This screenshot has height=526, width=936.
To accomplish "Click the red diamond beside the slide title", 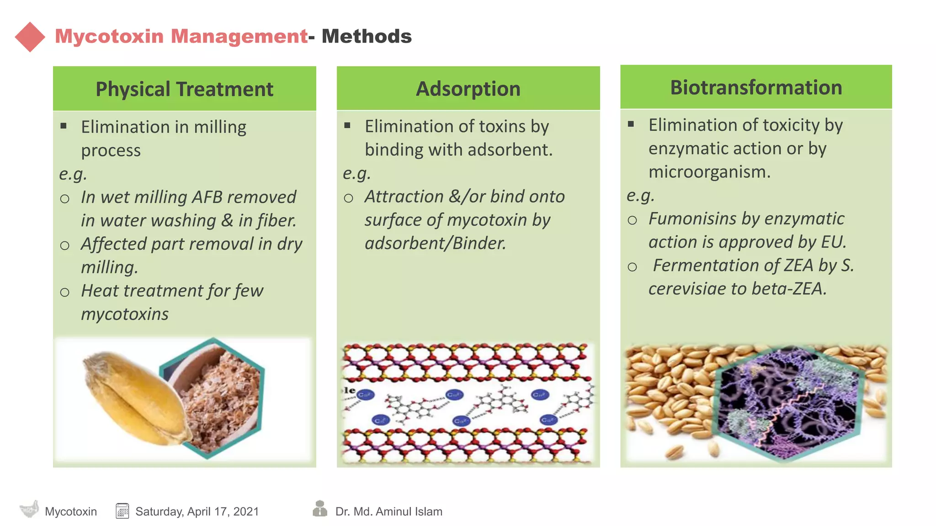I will click(30, 37).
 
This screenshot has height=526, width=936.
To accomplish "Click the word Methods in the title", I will click(367, 37).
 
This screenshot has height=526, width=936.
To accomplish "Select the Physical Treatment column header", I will click(184, 89).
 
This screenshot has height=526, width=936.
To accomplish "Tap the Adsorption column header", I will click(468, 89).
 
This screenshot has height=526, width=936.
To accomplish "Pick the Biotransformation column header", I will click(756, 87).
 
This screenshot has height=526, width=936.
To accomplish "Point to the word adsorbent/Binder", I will click(435, 243).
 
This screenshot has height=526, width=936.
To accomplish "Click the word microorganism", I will click(709, 172).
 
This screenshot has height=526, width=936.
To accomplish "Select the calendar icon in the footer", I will click(122, 511).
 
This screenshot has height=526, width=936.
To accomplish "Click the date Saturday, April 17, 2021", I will click(197, 511).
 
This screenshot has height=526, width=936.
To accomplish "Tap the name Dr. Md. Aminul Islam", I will click(388, 511).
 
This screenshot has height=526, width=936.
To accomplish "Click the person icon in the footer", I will click(320, 508).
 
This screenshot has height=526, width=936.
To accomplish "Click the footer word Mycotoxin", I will click(71, 511).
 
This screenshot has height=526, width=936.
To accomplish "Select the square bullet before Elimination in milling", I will click(64, 126).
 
